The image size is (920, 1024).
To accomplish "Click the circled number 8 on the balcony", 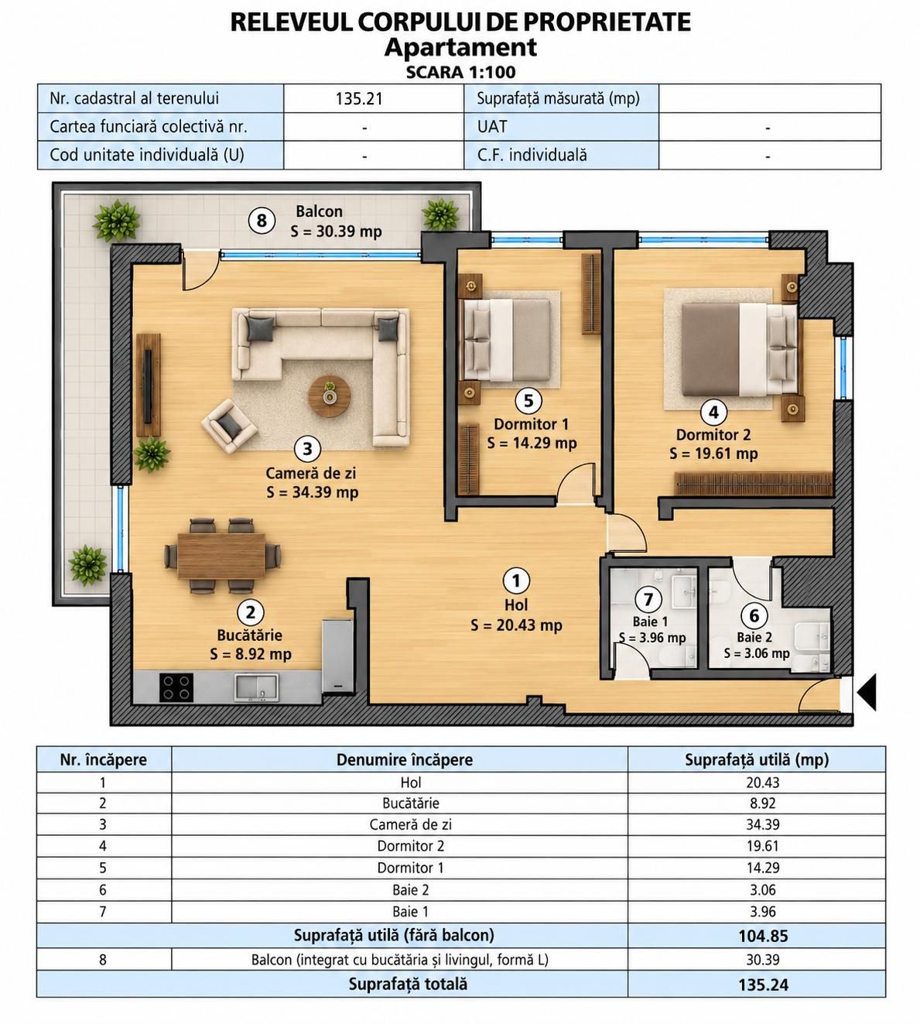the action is click(x=262, y=221).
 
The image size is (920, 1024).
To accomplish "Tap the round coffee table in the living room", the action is click(x=330, y=396).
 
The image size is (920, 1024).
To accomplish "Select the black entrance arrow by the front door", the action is click(x=867, y=692).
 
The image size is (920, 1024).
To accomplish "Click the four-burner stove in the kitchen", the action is click(x=176, y=687).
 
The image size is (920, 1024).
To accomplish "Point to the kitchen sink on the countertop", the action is click(x=256, y=687).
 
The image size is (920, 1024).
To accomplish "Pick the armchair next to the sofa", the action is click(x=229, y=426).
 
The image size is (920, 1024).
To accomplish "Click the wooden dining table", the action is click(x=221, y=556).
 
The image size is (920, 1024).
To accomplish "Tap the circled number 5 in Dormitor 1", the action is click(x=528, y=401).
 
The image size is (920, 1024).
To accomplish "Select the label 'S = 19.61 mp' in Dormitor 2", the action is click(x=713, y=454).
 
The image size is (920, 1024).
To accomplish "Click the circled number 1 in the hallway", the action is click(x=516, y=580).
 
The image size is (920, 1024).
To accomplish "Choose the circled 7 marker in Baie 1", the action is click(x=648, y=599).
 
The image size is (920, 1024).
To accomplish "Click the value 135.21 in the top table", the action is click(x=359, y=98).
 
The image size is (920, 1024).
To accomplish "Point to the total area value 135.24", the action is click(x=763, y=985).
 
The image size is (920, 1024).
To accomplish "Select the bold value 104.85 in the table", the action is click(x=763, y=936).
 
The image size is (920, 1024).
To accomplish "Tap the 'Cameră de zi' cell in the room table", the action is click(x=410, y=824).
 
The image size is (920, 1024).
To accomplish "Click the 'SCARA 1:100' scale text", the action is click(x=460, y=72).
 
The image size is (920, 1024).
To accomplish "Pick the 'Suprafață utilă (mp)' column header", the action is click(x=757, y=759).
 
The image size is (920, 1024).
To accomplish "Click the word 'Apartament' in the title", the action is click(x=460, y=47).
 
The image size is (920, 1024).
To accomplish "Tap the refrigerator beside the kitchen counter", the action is click(x=337, y=656).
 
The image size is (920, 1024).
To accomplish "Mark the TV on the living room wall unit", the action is click(x=148, y=386).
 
